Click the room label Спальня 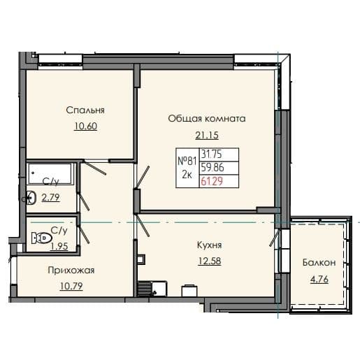[x=85, y=110]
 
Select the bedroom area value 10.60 [x=85, y=126]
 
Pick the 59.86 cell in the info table [x=213, y=168]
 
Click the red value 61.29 [x=213, y=181]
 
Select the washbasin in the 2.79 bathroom [x=31, y=197]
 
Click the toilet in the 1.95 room [x=45, y=238]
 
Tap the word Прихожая [x=71, y=270]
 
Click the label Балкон [x=319, y=263]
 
